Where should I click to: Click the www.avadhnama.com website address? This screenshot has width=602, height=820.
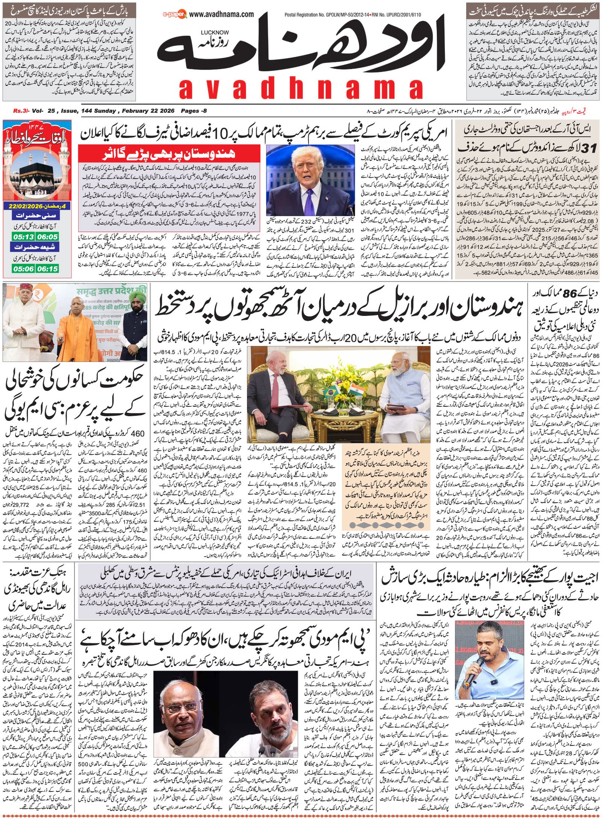[x=221, y=14]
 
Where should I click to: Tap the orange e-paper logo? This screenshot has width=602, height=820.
[x=175, y=15]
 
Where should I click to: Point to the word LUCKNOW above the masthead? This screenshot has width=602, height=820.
[x=214, y=33]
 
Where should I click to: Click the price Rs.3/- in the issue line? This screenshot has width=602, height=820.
[x=20, y=111]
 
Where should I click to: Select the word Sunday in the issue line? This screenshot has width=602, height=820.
[x=105, y=111]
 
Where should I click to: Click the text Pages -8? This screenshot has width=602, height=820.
[x=193, y=111]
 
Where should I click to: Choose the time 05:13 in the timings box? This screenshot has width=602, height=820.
[x=23, y=237]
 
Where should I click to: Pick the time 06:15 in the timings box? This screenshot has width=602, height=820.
[x=48, y=269]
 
